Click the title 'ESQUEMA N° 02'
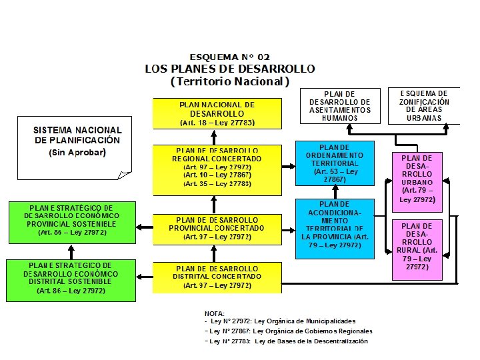[229, 57]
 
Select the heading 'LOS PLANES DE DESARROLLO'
[230, 69]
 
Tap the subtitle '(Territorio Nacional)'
[230, 81]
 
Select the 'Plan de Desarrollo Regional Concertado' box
[217, 167]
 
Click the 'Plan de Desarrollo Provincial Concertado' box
[217, 229]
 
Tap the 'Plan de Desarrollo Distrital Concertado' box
[217, 277]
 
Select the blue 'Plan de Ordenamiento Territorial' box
[335, 164]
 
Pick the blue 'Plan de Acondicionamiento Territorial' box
[335, 229]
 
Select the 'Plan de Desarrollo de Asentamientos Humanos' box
[340, 106]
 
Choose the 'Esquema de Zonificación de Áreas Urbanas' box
[425, 106]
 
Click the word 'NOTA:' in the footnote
[215, 313]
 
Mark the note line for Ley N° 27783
[286, 341]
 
